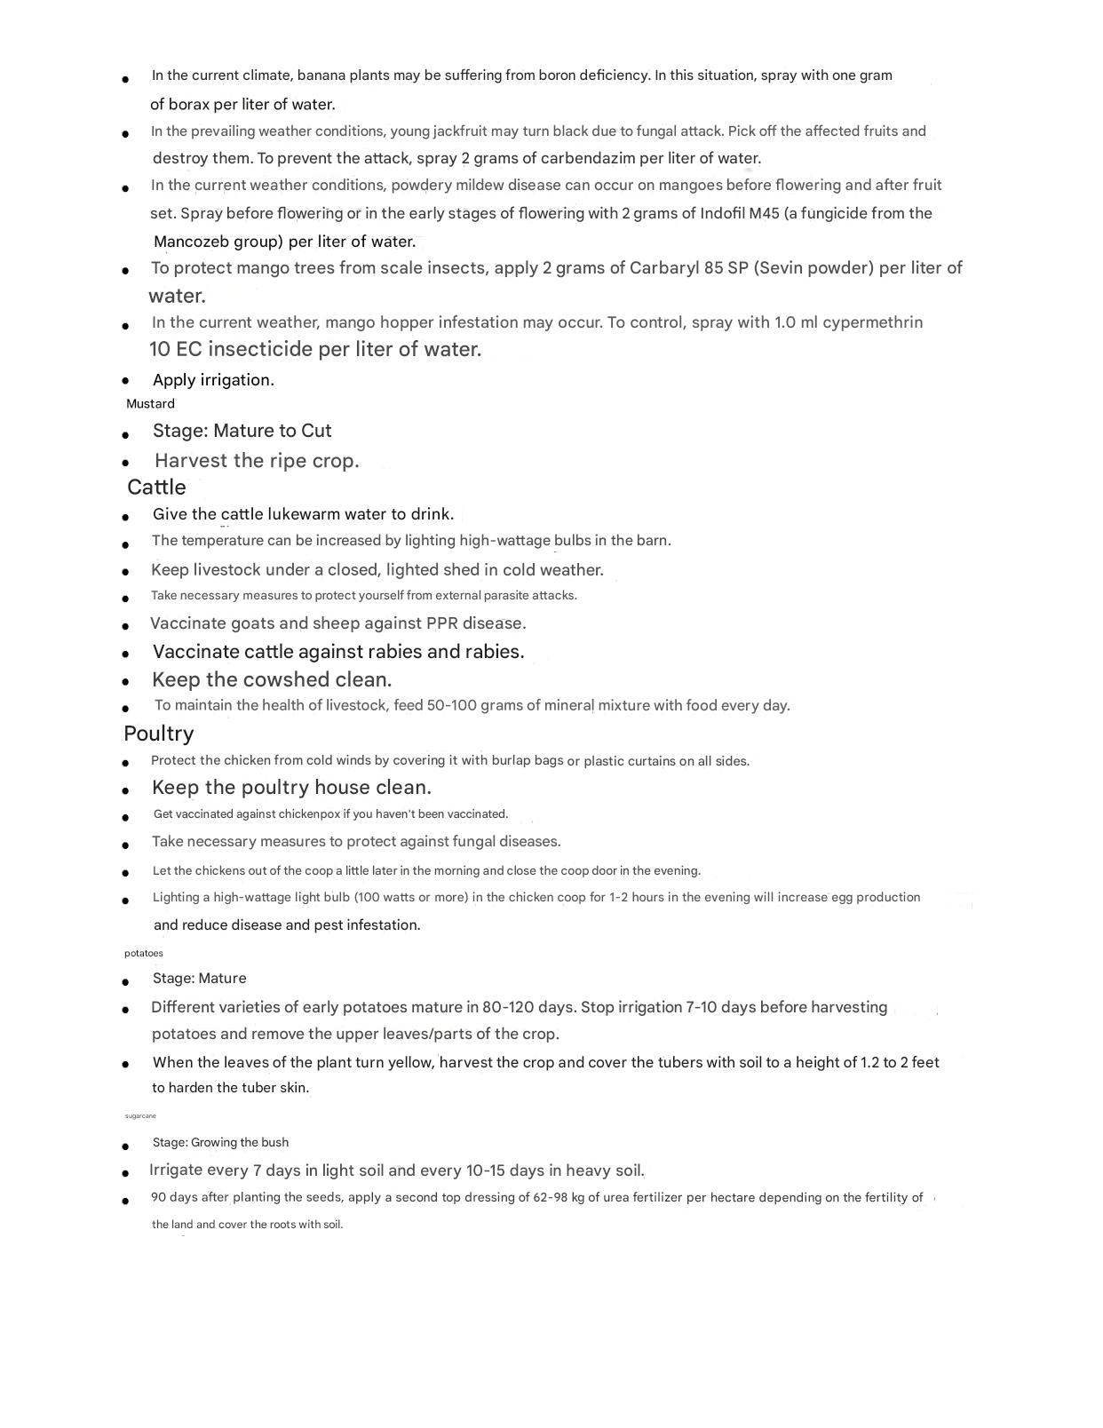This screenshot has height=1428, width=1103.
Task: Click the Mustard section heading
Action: tap(150, 404)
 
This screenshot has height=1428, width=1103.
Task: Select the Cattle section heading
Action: tap(156, 488)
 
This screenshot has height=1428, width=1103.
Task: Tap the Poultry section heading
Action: tap(158, 734)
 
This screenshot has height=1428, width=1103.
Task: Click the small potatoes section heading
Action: tap(144, 954)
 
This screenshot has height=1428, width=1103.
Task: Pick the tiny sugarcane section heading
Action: tap(140, 1116)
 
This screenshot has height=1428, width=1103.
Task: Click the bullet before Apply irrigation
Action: tap(126, 381)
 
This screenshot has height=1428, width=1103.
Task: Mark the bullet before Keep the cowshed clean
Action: tap(126, 682)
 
